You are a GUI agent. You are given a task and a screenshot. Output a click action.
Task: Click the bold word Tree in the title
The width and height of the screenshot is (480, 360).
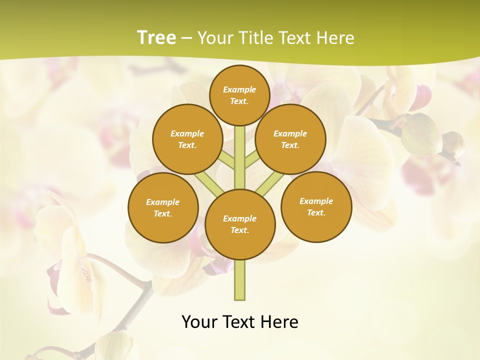156,38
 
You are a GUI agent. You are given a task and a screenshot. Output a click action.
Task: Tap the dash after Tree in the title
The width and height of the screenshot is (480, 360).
186,38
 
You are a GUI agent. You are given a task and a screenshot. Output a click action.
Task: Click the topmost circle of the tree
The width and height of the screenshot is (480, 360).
239,95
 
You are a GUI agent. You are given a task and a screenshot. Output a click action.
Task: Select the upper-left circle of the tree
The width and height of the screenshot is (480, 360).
187,139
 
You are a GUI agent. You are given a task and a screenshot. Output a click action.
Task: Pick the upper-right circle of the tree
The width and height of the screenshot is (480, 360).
290,139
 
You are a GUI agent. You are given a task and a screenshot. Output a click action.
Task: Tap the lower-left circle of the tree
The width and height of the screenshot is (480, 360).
163,208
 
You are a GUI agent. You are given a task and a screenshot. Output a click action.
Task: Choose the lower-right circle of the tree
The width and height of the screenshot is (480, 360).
316,207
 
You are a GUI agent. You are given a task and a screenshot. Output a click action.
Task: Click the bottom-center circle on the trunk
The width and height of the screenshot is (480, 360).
240,224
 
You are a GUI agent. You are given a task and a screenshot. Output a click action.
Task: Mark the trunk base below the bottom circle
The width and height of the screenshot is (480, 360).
240,280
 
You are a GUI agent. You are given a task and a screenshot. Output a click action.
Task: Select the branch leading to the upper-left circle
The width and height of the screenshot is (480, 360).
227,160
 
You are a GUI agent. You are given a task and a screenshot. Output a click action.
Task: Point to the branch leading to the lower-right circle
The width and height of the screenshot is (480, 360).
270,183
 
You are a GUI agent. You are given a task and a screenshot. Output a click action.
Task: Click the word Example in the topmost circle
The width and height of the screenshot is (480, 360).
239,90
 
